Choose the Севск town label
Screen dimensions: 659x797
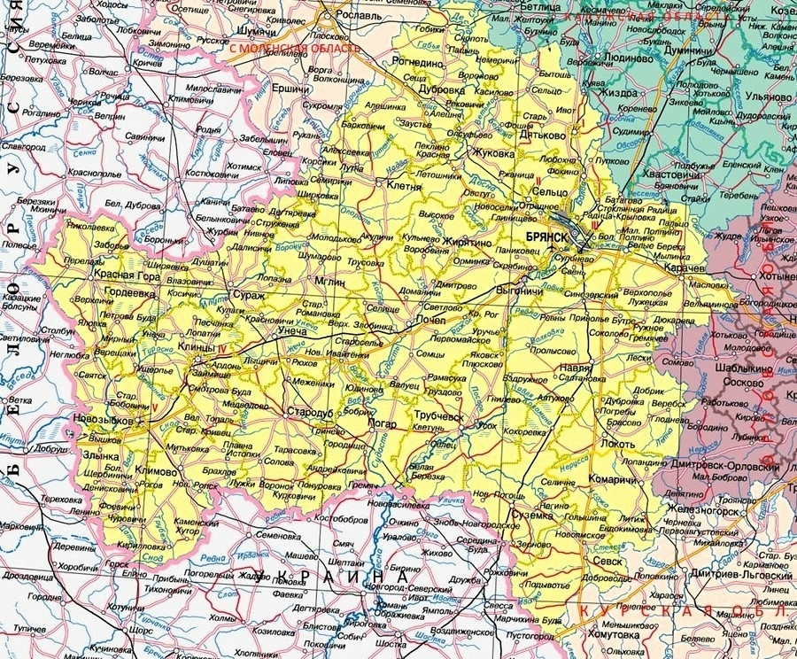point(607,561)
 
